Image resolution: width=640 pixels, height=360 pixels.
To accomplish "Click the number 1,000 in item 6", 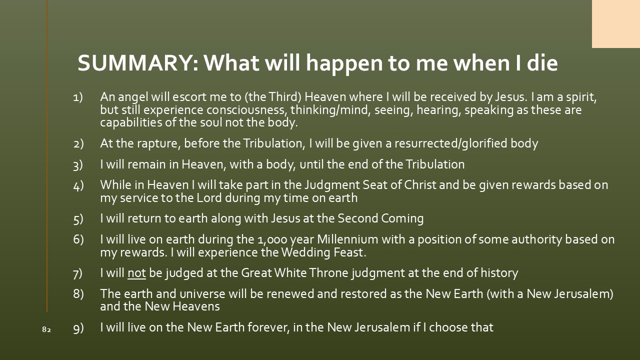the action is (272, 239).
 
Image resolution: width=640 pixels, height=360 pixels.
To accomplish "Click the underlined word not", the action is (136, 273).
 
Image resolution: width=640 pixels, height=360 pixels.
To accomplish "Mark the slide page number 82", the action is (46, 329).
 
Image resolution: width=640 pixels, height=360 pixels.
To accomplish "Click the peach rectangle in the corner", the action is (615, 24).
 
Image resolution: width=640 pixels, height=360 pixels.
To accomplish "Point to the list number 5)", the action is (78, 219).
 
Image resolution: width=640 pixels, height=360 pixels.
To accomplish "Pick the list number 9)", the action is (78, 328).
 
